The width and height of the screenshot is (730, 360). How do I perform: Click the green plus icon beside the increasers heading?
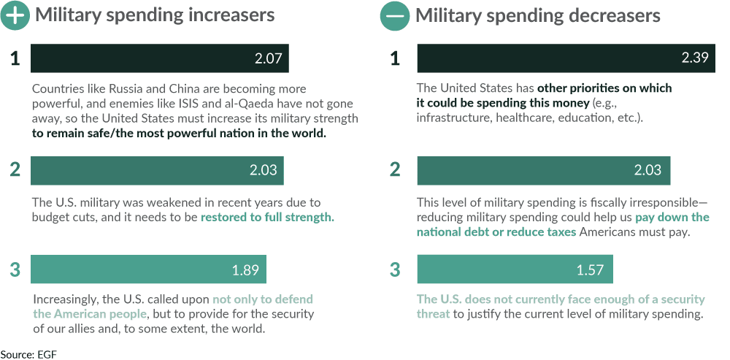click(15, 15)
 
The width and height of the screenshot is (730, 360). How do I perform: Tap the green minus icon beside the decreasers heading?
click(395, 15)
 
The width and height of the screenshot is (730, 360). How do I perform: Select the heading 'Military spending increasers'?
click(155, 15)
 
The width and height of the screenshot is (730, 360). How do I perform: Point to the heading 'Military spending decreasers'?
click(538, 15)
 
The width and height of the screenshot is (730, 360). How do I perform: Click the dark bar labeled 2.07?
click(159, 58)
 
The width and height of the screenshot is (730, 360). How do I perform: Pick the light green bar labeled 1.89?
click(148, 269)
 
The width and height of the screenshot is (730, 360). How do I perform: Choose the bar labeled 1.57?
click(515, 269)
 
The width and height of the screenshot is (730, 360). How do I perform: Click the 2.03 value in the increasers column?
click(263, 170)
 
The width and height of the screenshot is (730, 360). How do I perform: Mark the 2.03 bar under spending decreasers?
click(543, 170)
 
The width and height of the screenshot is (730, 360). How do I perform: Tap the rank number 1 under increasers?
click(15, 58)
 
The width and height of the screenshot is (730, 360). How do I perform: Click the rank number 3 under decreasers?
click(395, 269)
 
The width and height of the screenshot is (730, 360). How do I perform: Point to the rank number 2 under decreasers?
click(395, 170)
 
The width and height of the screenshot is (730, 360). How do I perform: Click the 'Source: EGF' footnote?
click(28, 354)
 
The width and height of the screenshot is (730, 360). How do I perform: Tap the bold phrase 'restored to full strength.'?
click(267, 218)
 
